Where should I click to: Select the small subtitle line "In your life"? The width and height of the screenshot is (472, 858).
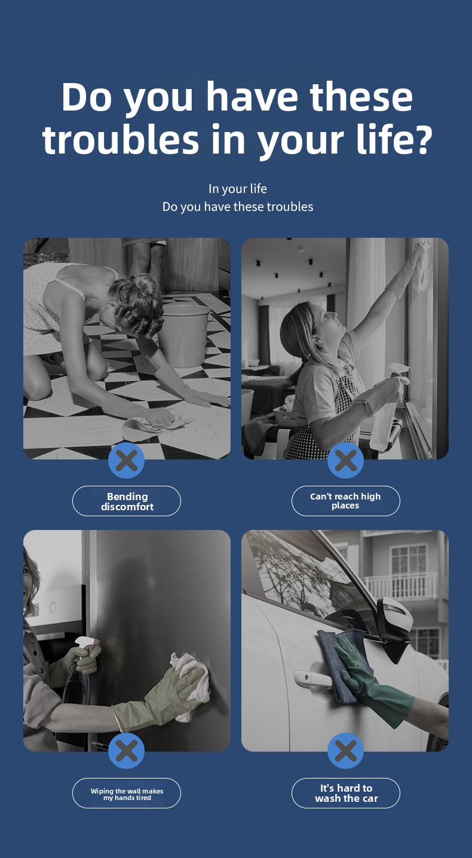(238, 189)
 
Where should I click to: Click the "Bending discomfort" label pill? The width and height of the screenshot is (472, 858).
(127, 501)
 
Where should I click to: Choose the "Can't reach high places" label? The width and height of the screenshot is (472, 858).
(345, 501)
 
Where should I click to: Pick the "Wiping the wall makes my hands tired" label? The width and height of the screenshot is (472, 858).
(127, 793)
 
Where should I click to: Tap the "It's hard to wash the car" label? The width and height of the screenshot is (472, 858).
(345, 793)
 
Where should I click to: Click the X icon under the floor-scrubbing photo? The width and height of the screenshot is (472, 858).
(127, 460)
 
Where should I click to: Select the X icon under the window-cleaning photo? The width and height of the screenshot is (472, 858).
(345, 460)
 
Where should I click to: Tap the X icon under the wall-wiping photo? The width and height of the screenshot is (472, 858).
(127, 750)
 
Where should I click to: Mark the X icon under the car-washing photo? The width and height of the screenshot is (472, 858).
(345, 750)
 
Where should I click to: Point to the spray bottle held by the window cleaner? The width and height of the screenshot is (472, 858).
(388, 410)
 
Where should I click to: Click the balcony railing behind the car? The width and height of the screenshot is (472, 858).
(400, 586)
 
